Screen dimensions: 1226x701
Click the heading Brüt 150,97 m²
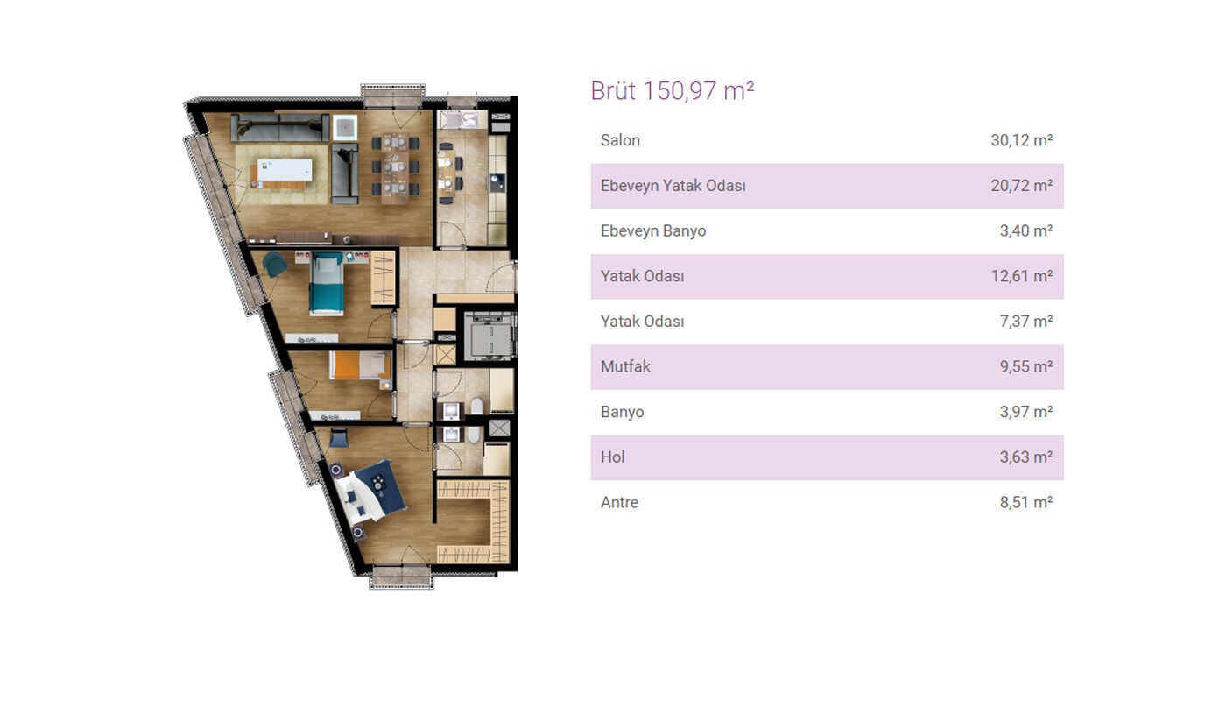673,91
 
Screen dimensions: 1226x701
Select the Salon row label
620,140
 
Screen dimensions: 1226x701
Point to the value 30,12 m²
1021,140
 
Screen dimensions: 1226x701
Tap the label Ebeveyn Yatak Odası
673,186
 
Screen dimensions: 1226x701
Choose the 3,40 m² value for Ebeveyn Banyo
1026,230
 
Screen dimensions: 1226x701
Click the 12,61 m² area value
1021,276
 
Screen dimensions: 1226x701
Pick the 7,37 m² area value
1026,322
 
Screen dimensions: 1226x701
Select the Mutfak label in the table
625,366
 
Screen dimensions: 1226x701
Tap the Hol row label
612,457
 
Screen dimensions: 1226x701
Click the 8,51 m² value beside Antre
1026,502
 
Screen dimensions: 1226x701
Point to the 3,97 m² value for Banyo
1026,412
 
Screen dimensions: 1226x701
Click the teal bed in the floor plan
327,284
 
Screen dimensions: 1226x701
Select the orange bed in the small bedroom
359,365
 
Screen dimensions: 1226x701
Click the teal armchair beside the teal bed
274,265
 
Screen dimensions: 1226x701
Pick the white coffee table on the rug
285,170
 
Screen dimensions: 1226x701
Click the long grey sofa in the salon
279,129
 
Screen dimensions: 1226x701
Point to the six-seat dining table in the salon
395,167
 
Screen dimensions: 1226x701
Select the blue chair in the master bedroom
339,436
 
